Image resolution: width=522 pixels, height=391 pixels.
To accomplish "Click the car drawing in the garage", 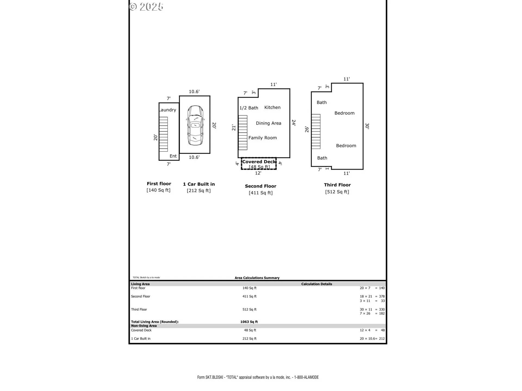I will pyautogui.click(x=195, y=125).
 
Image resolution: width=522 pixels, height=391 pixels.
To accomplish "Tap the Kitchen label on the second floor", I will pyautogui.click(x=272, y=108).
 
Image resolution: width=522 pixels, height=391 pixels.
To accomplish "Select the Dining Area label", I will pyautogui.click(x=268, y=123).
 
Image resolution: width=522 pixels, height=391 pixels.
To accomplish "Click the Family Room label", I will pyautogui.click(x=262, y=138).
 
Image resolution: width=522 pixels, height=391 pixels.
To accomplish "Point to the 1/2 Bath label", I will pyautogui.click(x=248, y=108).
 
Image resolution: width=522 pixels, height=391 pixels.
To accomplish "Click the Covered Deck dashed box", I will pyautogui.click(x=259, y=164).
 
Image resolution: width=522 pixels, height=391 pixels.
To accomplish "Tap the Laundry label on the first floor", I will pyautogui.click(x=167, y=110).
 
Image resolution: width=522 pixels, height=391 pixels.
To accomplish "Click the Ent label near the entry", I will pyautogui.click(x=173, y=156).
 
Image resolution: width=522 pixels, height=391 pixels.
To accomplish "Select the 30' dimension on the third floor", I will pyautogui.click(x=367, y=126).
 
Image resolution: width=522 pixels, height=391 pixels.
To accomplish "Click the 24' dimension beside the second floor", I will pyautogui.click(x=294, y=123).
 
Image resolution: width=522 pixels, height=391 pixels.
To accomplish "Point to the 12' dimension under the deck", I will pyautogui.click(x=258, y=173).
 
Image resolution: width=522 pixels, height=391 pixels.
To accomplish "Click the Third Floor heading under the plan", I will pyautogui.click(x=337, y=185).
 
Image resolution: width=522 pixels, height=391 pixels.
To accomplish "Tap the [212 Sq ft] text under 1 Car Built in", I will pyautogui.click(x=198, y=191).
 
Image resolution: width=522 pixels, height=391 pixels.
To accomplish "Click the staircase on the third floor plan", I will pyautogui.click(x=316, y=131).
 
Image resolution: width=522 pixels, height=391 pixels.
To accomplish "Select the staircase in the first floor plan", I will pyautogui.click(x=163, y=134).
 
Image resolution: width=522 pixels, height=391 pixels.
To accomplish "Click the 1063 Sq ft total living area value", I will pyautogui.click(x=249, y=322).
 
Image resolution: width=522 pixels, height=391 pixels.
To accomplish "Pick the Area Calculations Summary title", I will pyautogui.click(x=257, y=278).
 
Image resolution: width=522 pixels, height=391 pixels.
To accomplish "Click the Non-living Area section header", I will pyautogui.click(x=144, y=326).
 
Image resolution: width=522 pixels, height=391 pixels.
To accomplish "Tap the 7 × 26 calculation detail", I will pyautogui.click(x=365, y=314).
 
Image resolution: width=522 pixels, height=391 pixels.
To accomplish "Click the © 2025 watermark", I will pyautogui.click(x=146, y=7).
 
